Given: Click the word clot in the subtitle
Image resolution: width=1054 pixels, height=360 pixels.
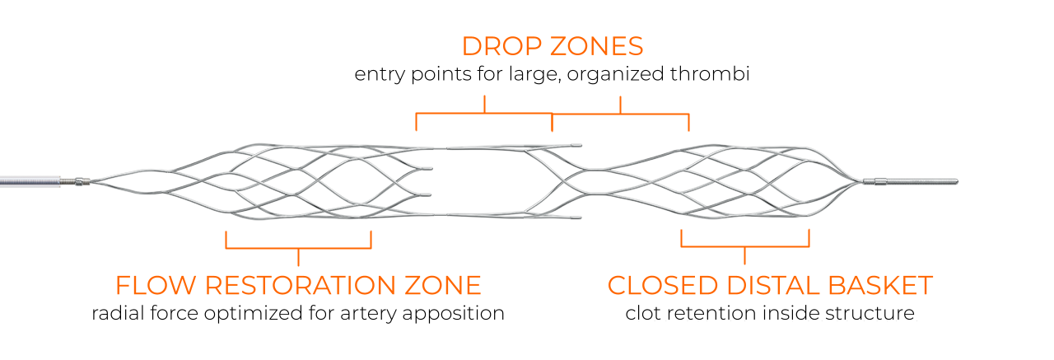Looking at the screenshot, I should (641, 313).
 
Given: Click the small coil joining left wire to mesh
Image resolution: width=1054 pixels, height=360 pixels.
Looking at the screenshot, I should (81, 181).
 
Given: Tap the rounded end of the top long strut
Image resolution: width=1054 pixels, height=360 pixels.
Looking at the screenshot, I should (580, 146).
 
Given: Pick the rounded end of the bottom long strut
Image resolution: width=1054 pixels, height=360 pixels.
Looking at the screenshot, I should (580, 217).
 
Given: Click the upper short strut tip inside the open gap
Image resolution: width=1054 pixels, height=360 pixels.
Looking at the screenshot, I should (428, 169).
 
